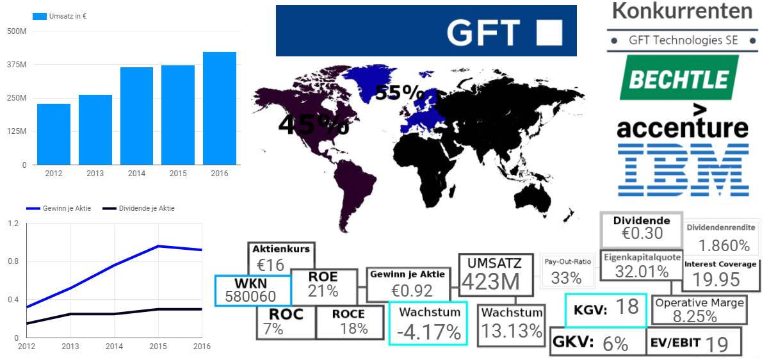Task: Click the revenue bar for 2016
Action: coord(220,108)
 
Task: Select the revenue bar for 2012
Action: coord(54,134)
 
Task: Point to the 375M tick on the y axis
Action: coord(17,65)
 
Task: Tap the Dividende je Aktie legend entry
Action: coord(137,208)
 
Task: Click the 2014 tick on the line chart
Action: coord(114,346)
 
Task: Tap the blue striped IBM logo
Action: coord(683,169)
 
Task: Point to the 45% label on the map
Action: coord(313,124)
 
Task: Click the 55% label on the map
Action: coord(400,94)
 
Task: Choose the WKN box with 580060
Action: coord(254,290)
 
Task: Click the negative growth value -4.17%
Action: coord(428,332)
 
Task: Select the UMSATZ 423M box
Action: coord(496,275)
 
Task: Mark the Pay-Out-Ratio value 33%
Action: coord(566,278)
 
